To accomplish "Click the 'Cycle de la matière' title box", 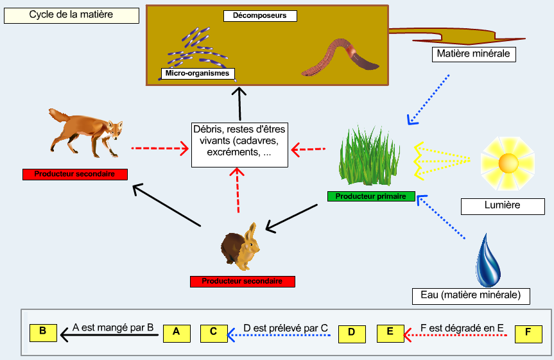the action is click(71, 15).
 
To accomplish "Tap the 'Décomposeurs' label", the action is click(260, 16).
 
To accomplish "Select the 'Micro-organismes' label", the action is click(198, 74).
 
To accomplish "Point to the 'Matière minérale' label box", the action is click(474, 54).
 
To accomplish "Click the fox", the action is click(86, 132).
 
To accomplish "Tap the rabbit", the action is click(240, 247).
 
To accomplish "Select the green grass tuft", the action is click(369, 156).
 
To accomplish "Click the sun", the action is click(508, 163).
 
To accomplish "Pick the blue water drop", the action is click(488, 261).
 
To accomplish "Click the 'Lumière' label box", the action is click(503, 207).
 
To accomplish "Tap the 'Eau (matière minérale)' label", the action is click(471, 296).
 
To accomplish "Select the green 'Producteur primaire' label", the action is click(371, 196).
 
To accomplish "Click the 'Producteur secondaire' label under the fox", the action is click(75, 175).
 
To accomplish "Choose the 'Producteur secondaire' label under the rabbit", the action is click(243, 282).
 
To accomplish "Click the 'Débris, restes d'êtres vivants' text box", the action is click(239, 145).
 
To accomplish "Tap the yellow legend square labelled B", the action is click(43, 333).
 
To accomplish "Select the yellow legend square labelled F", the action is click(528, 334).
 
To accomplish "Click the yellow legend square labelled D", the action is click(352, 334).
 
